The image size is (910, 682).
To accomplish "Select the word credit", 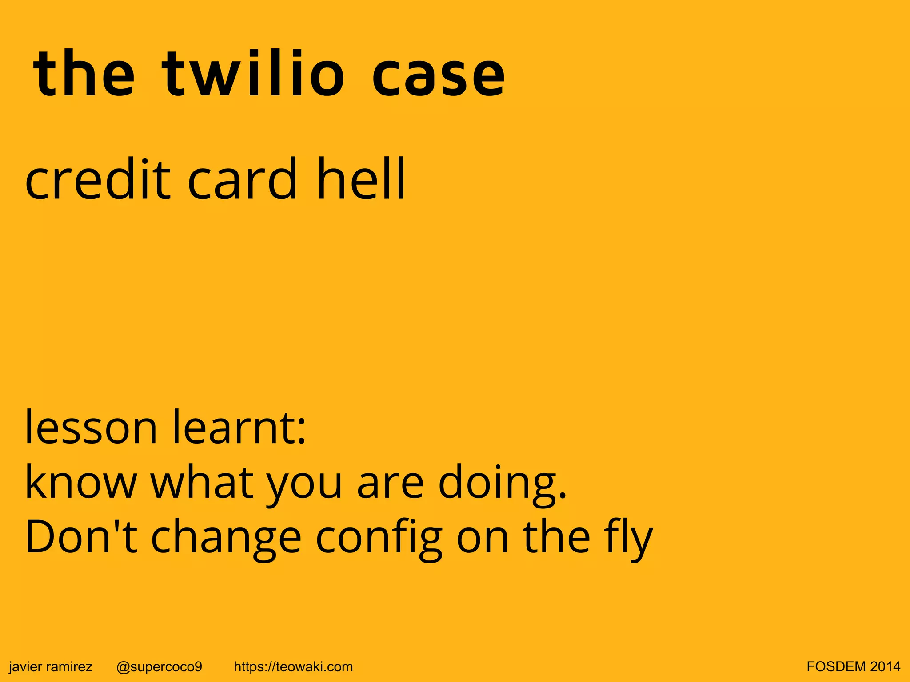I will (98, 178).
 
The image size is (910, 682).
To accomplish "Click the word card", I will (242, 178).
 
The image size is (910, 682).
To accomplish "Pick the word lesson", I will (91, 427).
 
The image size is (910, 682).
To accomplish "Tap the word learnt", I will (239, 427).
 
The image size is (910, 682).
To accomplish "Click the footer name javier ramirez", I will (51, 666).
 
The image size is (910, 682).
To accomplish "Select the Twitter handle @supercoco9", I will (159, 666).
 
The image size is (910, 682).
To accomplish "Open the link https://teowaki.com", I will (293, 666).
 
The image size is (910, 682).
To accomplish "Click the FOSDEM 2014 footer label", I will (854, 666).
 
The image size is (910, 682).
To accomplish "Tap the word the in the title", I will (84, 73).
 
